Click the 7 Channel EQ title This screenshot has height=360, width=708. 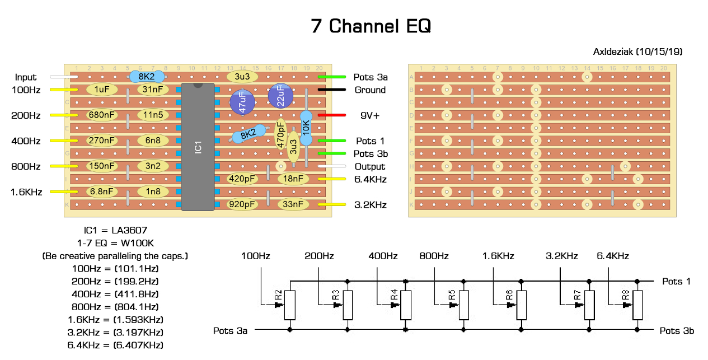371,26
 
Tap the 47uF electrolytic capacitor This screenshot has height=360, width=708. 243,102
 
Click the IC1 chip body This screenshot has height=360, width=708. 198,147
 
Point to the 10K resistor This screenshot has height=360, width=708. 306,128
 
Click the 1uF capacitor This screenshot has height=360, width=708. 102,89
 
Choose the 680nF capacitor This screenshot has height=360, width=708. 102,115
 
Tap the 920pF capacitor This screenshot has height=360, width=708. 242,204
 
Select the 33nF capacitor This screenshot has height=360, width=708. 293,204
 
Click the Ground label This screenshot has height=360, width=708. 370,90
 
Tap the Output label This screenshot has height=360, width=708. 370,166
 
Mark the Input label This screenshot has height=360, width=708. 26,77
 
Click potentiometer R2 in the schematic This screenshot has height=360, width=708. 289,305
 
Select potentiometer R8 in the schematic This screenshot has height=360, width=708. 637,305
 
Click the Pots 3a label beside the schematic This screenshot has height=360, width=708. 230,330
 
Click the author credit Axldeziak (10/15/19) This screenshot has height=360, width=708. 637,52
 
